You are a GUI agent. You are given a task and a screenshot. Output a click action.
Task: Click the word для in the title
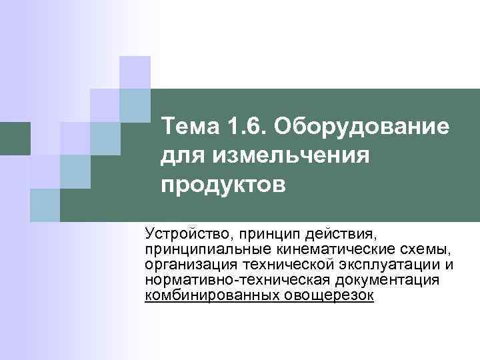[x=178, y=155]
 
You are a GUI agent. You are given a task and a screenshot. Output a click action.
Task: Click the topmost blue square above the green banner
[x=135, y=72]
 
